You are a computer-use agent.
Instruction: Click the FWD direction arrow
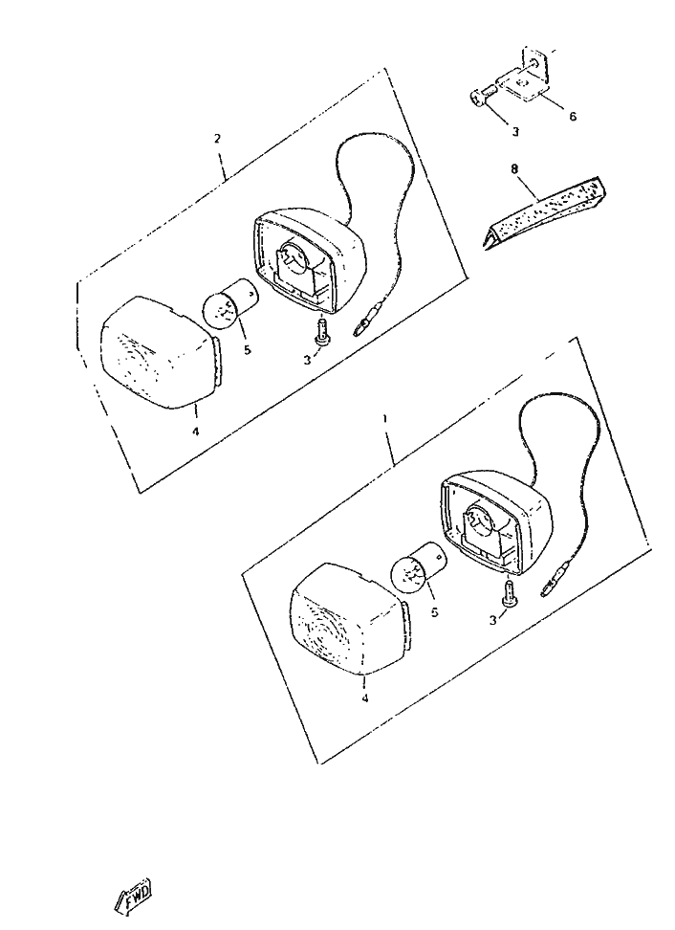point(133,895)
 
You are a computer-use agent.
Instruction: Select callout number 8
point(514,169)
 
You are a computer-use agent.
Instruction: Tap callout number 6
point(573,117)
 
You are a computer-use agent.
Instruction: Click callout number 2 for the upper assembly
point(217,139)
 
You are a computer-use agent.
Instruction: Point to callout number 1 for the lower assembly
point(385,418)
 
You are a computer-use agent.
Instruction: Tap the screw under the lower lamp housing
point(509,595)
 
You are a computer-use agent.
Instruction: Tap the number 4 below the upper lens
point(196,432)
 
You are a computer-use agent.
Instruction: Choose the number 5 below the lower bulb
point(434,612)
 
